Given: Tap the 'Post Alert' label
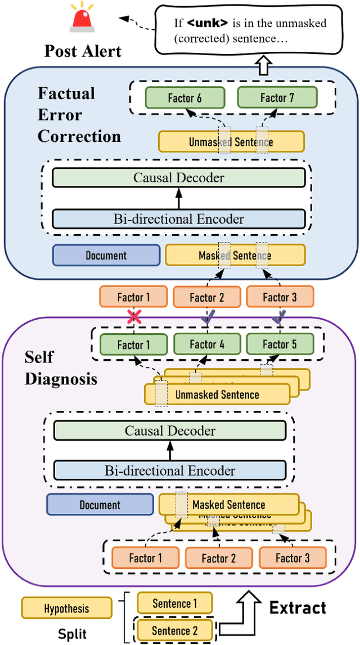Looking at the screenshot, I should (x=82, y=51).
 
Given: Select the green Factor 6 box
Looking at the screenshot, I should (x=184, y=98).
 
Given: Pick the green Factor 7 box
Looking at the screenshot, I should (x=277, y=98).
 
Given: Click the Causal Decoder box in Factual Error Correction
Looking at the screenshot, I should (x=178, y=178).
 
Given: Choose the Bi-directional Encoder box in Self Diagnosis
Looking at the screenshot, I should (x=170, y=471).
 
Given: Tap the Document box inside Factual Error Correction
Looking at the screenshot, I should (x=106, y=255).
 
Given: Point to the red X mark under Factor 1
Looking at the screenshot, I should (x=134, y=317).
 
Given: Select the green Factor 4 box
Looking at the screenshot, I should (x=206, y=344).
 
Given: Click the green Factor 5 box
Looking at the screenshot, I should (x=279, y=344).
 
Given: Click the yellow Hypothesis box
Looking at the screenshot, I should (x=66, y=608).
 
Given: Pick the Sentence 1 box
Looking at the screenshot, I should (x=175, y=603).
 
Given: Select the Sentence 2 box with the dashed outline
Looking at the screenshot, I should (x=175, y=629).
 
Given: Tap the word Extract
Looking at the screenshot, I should (x=298, y=608).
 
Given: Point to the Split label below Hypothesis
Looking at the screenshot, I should (x=73, y=634).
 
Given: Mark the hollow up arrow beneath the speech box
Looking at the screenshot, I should (x=264, y=66).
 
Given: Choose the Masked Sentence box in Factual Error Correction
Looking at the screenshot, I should (x=235, y=255).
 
